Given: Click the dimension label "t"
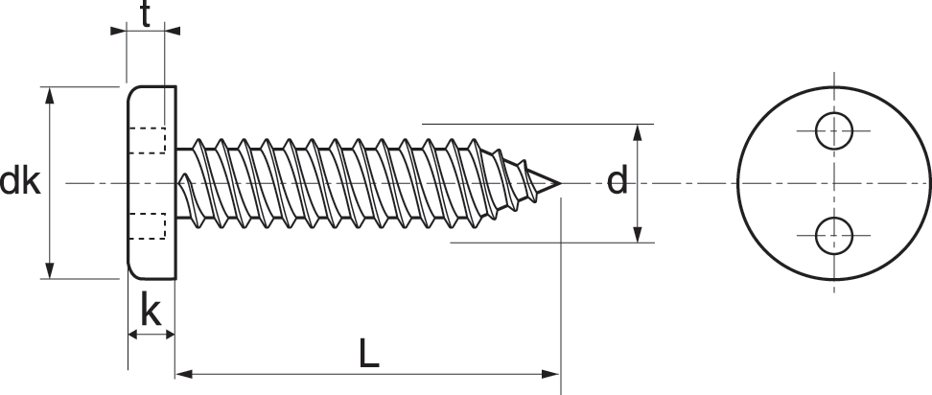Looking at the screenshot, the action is click(145, 14).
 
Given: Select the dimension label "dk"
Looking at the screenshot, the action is click(19, 181).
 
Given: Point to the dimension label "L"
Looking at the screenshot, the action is click(369, 354).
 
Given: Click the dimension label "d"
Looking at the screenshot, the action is click(617, 180).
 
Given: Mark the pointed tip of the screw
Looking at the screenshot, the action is click(561, 183).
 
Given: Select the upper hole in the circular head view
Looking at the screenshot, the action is click(834, 130).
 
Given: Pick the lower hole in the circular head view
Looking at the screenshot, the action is click(834, 235).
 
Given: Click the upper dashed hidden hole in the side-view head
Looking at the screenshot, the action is click(148, 140).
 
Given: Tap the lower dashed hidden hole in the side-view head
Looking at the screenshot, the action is click(148, 225).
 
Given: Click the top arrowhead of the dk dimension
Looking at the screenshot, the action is click(49, 95).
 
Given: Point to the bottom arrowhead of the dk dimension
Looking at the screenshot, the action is click(49, 270).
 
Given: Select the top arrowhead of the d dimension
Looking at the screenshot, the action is click(638, 132).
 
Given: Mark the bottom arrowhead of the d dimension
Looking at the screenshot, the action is click(638, 234).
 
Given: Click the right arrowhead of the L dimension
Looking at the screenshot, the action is click(549, 374).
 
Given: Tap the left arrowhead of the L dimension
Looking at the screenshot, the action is click(185, 374).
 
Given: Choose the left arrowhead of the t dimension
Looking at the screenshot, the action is click(118, 31).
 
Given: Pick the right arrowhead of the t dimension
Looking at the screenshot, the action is click(173, 31).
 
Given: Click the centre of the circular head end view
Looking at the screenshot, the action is click(834, 183).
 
